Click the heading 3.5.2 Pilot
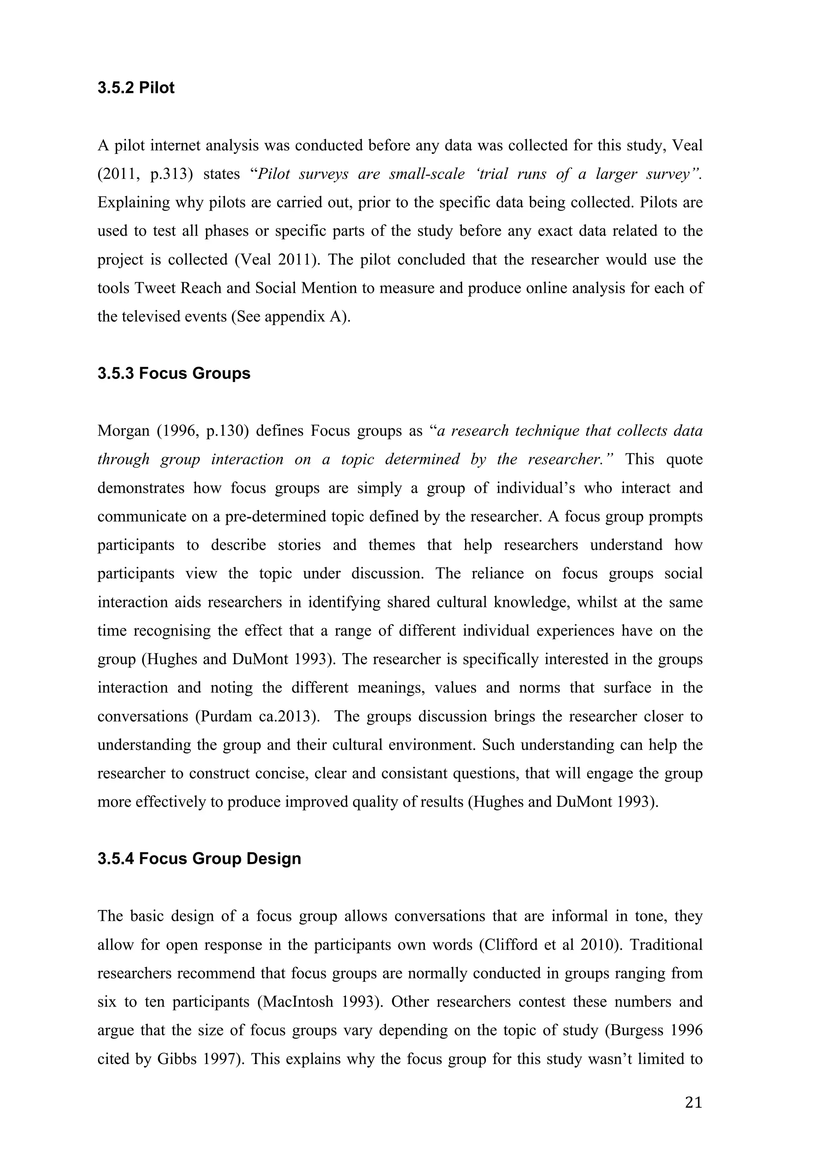coord(136,88)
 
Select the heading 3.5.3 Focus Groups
coord(174,374)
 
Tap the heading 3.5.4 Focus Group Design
coord(199,859)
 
